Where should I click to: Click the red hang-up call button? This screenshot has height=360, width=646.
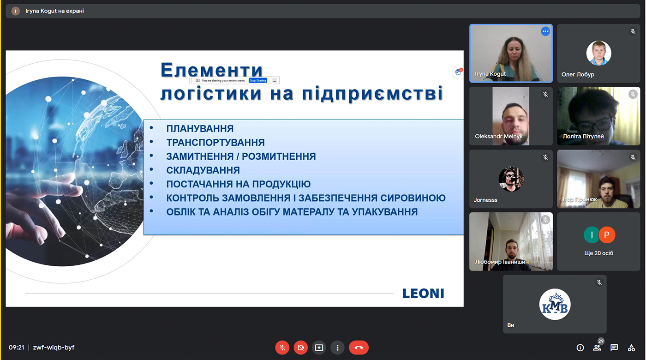pyautogui.click(x=359, y=348)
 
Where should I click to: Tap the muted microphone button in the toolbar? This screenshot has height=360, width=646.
pyautogui.click(x=282, y=348)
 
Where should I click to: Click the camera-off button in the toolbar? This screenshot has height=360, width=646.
pyautogui.click(x=301, y=348)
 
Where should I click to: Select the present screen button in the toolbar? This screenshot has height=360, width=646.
pyautogui.click(x=319, y=348)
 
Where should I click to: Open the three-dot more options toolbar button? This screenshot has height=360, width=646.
pyautogui.click(x=337, y=348)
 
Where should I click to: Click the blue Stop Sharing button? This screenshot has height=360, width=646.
pyautogui.click(x=258, y=80)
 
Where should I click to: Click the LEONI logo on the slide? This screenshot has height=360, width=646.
pyautogui.click(x=423, y=293)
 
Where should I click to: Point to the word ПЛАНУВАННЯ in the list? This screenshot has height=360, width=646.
pyautogui.click(x=200, y=129)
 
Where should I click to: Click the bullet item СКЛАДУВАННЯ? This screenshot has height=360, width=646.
pyautogui.click(x=203, y=170)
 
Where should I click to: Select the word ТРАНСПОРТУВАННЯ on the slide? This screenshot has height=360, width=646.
pyautogui.click(x=215, y=143)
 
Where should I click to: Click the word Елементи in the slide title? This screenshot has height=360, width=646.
pyautogui.click(x=211, y=71)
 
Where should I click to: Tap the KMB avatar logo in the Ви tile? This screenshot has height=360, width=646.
pyautogui.click(x=555, y=304)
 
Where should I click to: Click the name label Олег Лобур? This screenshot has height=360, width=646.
pyautogui.click(x=578, y=74)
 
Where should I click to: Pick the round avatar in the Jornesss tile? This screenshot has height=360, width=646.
pyautogui.click(x=511, y=179)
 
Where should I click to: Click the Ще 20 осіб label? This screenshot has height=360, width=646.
pyautogui.click(x=598, y=253)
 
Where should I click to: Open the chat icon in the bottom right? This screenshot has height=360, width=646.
pyautogui.click(x=614, y=348)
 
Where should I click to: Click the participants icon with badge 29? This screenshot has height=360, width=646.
pyautogui.click(x=597, y=348)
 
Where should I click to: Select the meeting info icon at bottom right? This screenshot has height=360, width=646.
pyautogui.click(x=580, y=348)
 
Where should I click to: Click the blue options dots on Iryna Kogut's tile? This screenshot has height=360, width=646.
pyautogui.click(x=545, y=31)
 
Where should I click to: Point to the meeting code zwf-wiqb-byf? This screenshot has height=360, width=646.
pyautogui.click(x=54, y=347)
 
